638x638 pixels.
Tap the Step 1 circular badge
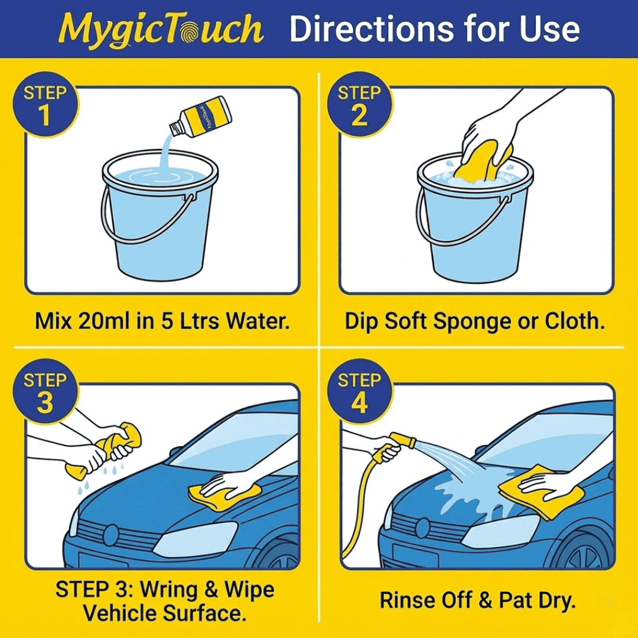pyautogui.click(x=45, y=105)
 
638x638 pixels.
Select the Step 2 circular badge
pyautogui.click(x=360, y=105)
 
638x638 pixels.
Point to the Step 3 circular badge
pyautogui.click(x=45, y=392)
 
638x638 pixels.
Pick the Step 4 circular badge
pyautogui.click(x=360, y=392)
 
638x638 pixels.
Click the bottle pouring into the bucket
pyautogui.click(x=201, y=116)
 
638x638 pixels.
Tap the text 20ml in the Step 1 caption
pyautogui.click(x=105, y=321)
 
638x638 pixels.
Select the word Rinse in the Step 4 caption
pyautogui.click(x=407, y=601)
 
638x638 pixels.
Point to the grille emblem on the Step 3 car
pyautogui.click(x=110, y=535)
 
